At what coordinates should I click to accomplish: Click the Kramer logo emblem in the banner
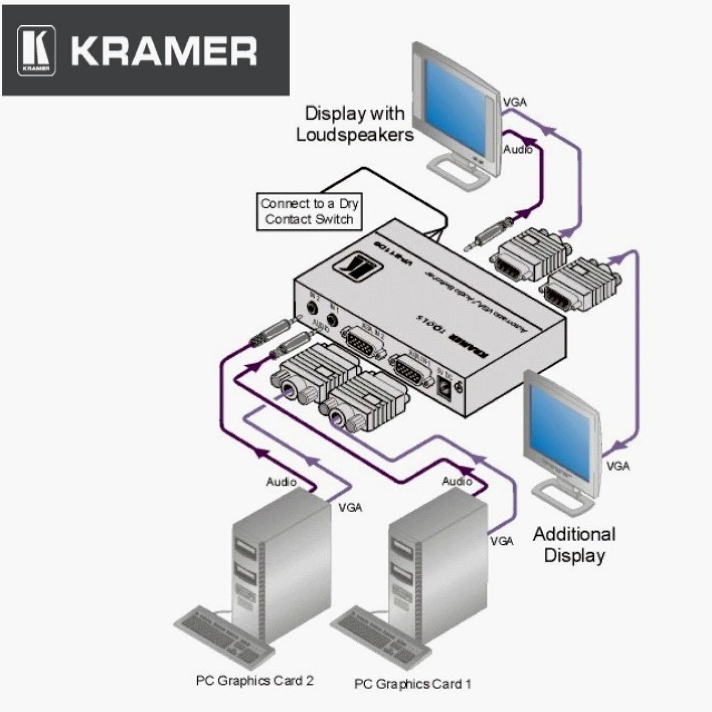coord(37,50)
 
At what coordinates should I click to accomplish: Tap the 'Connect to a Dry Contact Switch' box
coord(309,212)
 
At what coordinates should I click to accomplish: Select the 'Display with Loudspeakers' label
coord(355,124)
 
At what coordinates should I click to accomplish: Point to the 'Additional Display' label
coord(574,544)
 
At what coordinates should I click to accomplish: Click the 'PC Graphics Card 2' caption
coord(254,680)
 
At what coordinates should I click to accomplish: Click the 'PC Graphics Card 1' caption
coord(412,684)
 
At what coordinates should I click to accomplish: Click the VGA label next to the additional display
coord(618,466)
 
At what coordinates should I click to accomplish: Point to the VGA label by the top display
coord(515,102)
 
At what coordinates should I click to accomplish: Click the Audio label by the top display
coord(517,149)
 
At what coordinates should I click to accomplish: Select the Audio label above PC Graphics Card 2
coord(281,482)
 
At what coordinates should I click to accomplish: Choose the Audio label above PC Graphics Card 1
coord(457,481)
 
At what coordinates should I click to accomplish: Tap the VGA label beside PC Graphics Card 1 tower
coord(502,541)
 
